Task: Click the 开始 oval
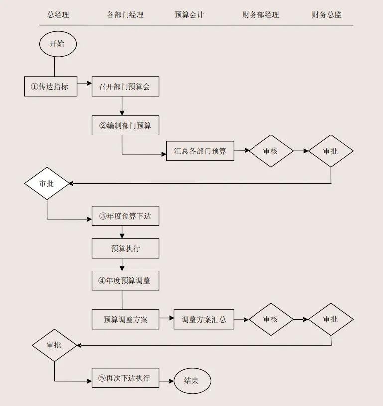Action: click(58, 44)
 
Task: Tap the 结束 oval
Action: click(192, 381)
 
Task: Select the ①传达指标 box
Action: click(51, 86)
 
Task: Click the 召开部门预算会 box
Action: click(126, 86)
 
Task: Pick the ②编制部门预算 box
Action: click(126, 125)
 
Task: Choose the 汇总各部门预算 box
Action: click(200, 151)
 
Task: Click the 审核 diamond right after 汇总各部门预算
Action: click(271, 151)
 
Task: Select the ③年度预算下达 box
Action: click(126, 216)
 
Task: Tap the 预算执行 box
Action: click(126, 248)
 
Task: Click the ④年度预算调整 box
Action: click(126, 280)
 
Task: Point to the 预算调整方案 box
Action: click(126, 319)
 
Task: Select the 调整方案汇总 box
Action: click(204, 319)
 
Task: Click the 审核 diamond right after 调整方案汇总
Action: click(271, 319)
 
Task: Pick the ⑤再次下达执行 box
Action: click(126, 378)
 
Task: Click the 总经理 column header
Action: click(58, 15)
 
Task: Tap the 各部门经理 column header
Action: click(126, 15)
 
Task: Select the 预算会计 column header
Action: click(189, 15)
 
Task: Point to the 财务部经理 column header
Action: click(260, 15)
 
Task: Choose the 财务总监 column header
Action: click(327, 15)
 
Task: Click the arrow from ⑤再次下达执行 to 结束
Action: click(166, 380)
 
